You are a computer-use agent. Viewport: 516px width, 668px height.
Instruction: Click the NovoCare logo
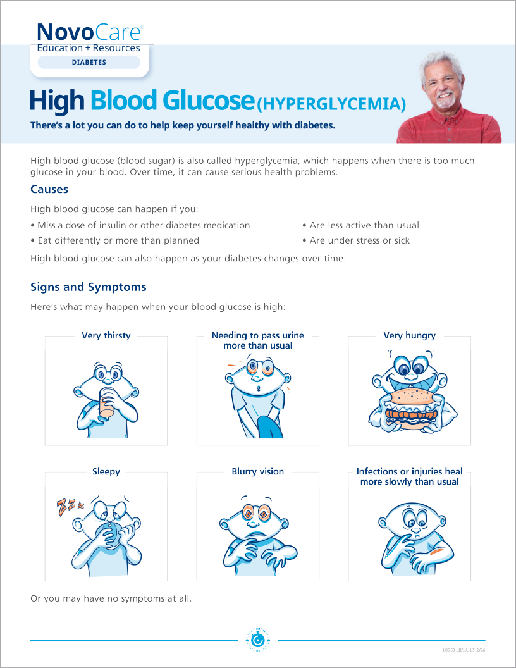[89, 32]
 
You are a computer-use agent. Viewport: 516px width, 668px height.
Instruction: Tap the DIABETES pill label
[89, 63]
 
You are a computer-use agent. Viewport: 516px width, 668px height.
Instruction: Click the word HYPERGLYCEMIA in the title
[333, 103]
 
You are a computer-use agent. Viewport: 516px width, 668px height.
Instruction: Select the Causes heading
[49, 189]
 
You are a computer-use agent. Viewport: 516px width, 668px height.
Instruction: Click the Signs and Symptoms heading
[88, 287]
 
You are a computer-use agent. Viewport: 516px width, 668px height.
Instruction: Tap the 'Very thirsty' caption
[106, 335]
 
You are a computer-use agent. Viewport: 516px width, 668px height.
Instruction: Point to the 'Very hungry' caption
[410, 335]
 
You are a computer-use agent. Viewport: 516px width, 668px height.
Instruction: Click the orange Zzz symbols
[70, 505]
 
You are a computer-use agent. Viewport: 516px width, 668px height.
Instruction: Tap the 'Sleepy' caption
[106, 471]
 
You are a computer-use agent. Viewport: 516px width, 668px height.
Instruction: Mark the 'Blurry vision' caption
[258, 471]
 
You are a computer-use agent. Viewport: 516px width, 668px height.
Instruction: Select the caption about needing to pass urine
[258, 340]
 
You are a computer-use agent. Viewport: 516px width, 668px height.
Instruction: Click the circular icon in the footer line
[257, 641]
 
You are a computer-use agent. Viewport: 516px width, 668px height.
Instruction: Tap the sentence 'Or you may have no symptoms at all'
[111, 598]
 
